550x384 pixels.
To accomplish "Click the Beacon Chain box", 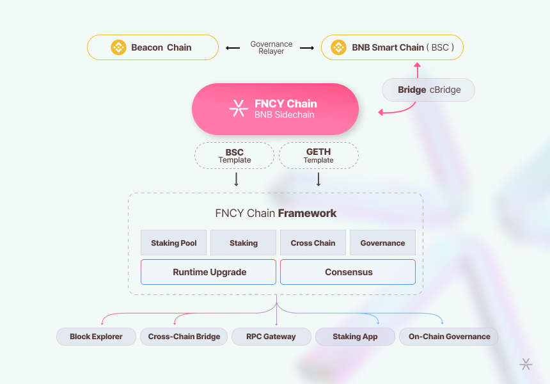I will click(153, 47).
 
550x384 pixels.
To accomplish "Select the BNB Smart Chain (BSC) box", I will click(392, 47).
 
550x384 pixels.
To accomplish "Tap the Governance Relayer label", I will click(271, 48).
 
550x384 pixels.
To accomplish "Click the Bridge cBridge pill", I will click(428, 90).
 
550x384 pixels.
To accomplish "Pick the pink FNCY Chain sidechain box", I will click(275, 109).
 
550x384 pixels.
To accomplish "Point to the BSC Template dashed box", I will click(235, 156).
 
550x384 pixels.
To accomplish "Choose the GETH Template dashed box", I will click(318, 156).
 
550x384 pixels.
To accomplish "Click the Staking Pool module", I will click(174, 243).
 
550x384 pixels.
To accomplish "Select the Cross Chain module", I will click(313, 243).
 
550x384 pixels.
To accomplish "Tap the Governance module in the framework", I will click(382, 243).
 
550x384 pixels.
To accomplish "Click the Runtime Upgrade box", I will click(209, 272).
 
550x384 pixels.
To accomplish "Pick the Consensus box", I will click(348, 272).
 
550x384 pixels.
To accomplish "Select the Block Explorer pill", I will click(97, 337).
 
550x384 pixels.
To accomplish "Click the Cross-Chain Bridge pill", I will click(184, 337).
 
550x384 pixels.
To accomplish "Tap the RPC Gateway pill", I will click(272, 337).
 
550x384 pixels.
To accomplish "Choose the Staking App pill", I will click(355, 337).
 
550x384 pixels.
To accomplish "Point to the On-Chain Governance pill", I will click(449, 337).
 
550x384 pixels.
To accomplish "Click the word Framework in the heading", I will click(307, 213).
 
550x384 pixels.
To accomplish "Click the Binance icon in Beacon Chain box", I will click(118, 47).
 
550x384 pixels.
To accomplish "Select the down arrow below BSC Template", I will click(236, 179).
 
